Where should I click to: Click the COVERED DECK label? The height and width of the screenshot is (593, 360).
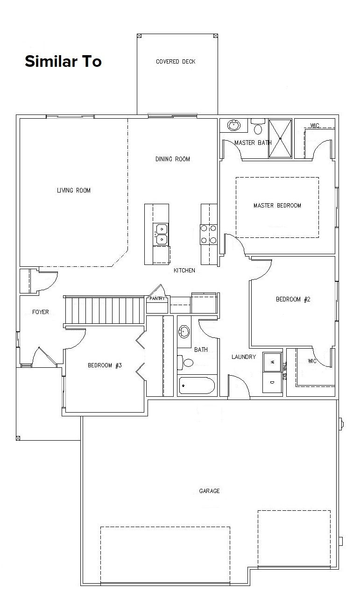[x=176, y=62]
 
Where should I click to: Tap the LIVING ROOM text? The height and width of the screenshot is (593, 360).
[x=74, y=190]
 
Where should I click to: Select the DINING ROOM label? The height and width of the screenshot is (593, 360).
[x=173, y=159]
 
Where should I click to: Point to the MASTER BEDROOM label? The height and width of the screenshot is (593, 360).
[x=277, y=205]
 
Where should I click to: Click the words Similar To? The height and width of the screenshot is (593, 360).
[x=63, y=61]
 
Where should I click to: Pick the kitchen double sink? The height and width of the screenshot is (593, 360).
[x=162, y=234]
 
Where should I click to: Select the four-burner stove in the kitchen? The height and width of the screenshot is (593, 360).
[x=209, y=234]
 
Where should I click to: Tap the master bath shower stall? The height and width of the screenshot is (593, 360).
[x=280, y=138]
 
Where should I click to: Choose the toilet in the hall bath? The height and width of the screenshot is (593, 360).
[x=187, y=362]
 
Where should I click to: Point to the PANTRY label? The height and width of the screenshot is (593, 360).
[x=157, y=298]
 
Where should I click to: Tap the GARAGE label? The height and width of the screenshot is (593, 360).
[x=209, y=491]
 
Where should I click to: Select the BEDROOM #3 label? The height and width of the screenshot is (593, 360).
[x=105, y=365]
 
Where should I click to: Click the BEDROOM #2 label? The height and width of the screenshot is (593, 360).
[x=293, y=299]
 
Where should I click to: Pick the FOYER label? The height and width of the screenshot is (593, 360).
[x=40, y=312]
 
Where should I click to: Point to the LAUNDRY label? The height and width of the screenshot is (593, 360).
[x=244, y=357]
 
